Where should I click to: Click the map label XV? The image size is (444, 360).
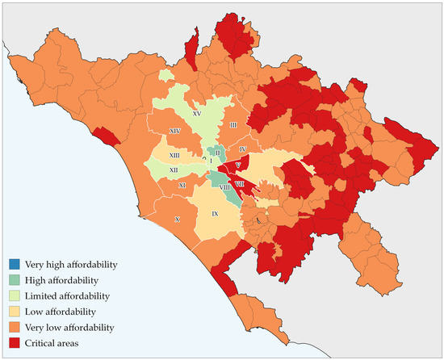pyautogui.click(x=196, y=115)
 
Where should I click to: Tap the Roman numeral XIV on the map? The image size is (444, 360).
pyautogui.click(x=174, y=130)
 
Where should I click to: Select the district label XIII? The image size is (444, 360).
pyautogui.click(x=174, y=154)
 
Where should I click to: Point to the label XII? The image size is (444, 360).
pyautogui.click(x=173, y=170)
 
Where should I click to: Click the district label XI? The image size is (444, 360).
pyautogui.click(x=182, y=185)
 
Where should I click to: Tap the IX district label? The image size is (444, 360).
pyautogui.click(x=215, y=214)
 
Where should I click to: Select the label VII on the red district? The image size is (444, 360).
pyautogui.click(x=251, y=184)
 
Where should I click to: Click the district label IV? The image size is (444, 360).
pyautogui.click(x=241, y=150)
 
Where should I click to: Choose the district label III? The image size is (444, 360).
pyautogui.click(x=232, y=125)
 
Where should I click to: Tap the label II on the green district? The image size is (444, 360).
pyautogui.click(x=217, y=152)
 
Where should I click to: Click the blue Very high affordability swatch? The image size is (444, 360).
pyautogui.click(x=15, y=265)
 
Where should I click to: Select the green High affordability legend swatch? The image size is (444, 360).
pyautogui.click(x=15, y=280)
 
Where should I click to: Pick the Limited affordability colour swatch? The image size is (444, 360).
pyautogui.click(x=15, y=296)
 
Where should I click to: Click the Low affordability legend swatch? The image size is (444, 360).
pyautogui.click(x=15, y=312)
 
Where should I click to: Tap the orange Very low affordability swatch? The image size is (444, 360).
pyautogui.click(x=15, y=328)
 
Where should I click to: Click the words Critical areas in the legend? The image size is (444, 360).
pyautogui.click(x=51, y=343)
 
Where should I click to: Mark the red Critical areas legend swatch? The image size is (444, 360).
pyautogui.click(x=15, y=343)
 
